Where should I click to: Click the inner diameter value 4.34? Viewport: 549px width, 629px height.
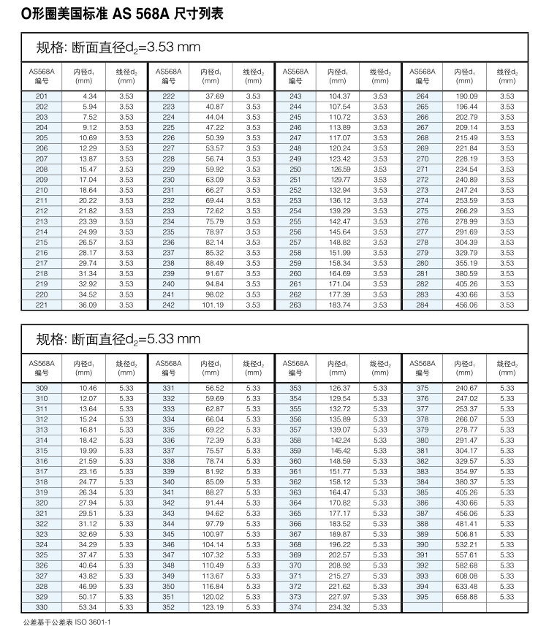click(89, 96)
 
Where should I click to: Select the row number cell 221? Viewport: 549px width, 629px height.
click(41, 305)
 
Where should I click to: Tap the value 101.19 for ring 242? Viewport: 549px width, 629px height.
click(214, 305)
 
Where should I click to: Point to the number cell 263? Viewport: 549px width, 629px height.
click(295, 305)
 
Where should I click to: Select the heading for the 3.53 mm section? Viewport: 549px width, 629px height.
click(118, 48)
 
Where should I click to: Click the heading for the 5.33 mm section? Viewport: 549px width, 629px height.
click(118, 339)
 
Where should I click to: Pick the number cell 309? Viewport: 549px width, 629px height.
click(41, 387)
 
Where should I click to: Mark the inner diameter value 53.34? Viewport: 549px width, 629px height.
click(88, 607)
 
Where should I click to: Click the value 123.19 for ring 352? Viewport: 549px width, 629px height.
click(214, 607)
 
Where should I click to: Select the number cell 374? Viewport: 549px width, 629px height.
click(295, 607)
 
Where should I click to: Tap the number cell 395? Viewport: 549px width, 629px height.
click(423, 596)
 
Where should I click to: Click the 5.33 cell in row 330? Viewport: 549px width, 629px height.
click(126, 607)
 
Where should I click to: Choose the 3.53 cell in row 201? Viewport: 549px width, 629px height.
click(126, 96)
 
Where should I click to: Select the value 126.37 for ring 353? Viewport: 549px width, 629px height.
click(341, 387)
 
